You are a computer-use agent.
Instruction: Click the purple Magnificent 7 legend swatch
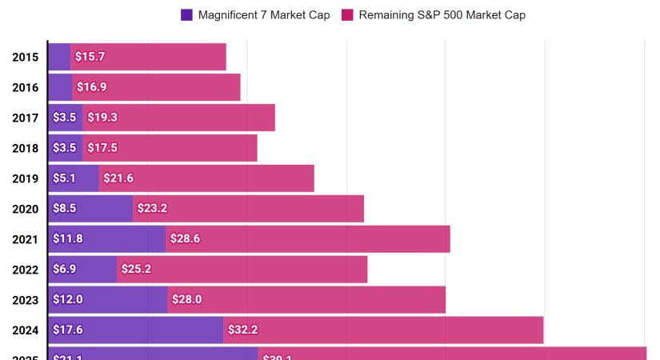pos(187,14)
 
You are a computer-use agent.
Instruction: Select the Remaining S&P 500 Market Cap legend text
pos(442,14)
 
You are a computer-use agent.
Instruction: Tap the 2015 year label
pos(26,57)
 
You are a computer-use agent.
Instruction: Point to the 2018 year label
pos(26,148)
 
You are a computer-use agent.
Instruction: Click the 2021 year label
pos(26,239)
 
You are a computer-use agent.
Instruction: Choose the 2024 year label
pos(26,330)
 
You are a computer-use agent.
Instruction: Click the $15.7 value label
pos(90,57)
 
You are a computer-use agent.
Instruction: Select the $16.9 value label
pos(91,87)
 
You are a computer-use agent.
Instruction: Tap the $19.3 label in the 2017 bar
pos(102,118)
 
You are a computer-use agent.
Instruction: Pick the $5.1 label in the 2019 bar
pos(64,178)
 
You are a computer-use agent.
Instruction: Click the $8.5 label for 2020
pos(64,208)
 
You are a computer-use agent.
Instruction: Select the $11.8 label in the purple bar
pos(67,238)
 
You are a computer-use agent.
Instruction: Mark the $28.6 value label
pos(186,238)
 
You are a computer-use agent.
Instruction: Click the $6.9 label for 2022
pos(64,269)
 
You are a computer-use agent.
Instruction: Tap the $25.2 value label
pos(136,269)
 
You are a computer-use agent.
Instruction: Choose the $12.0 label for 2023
pos(67,299)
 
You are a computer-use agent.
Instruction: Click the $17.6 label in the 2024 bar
pos(67,330)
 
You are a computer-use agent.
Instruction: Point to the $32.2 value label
pos(242,330)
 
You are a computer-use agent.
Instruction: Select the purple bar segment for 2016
pos(60,87)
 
